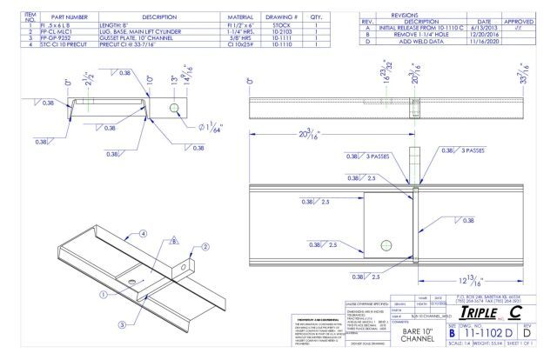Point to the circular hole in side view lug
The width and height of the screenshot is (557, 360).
(x=175, y=108)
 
